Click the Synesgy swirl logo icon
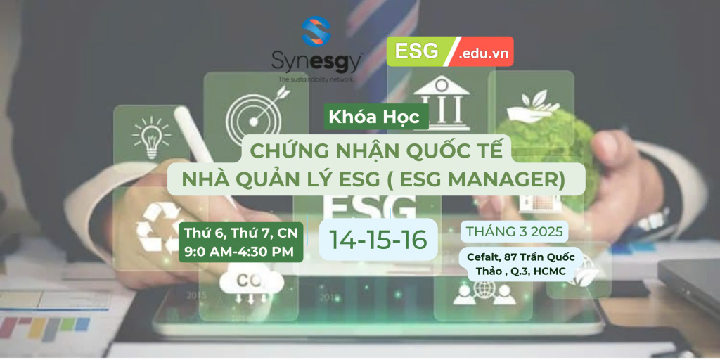tap(316, 32)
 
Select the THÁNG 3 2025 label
tap(514, 232)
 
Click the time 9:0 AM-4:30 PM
tap(239, 252)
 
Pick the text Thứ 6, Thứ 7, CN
tap(240, 233)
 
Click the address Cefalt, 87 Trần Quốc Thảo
tap(521, 263)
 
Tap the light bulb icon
tap(151, 137)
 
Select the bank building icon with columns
tap(441, 102)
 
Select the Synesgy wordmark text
tap(316, 63)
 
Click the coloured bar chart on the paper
tap(44, 327)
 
